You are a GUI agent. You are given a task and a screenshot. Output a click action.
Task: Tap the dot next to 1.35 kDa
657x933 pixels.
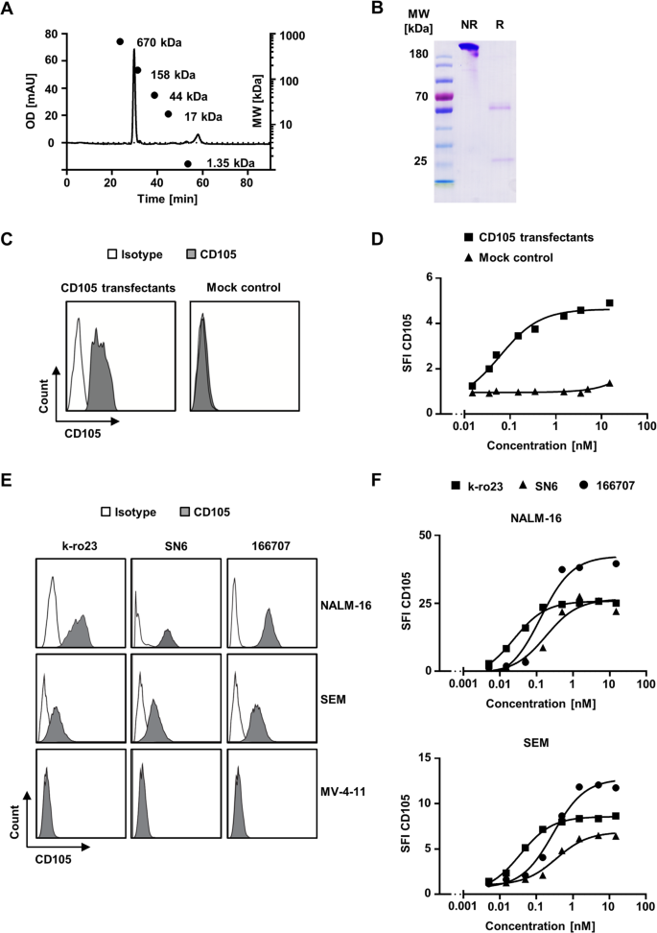(x=188, y=164)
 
